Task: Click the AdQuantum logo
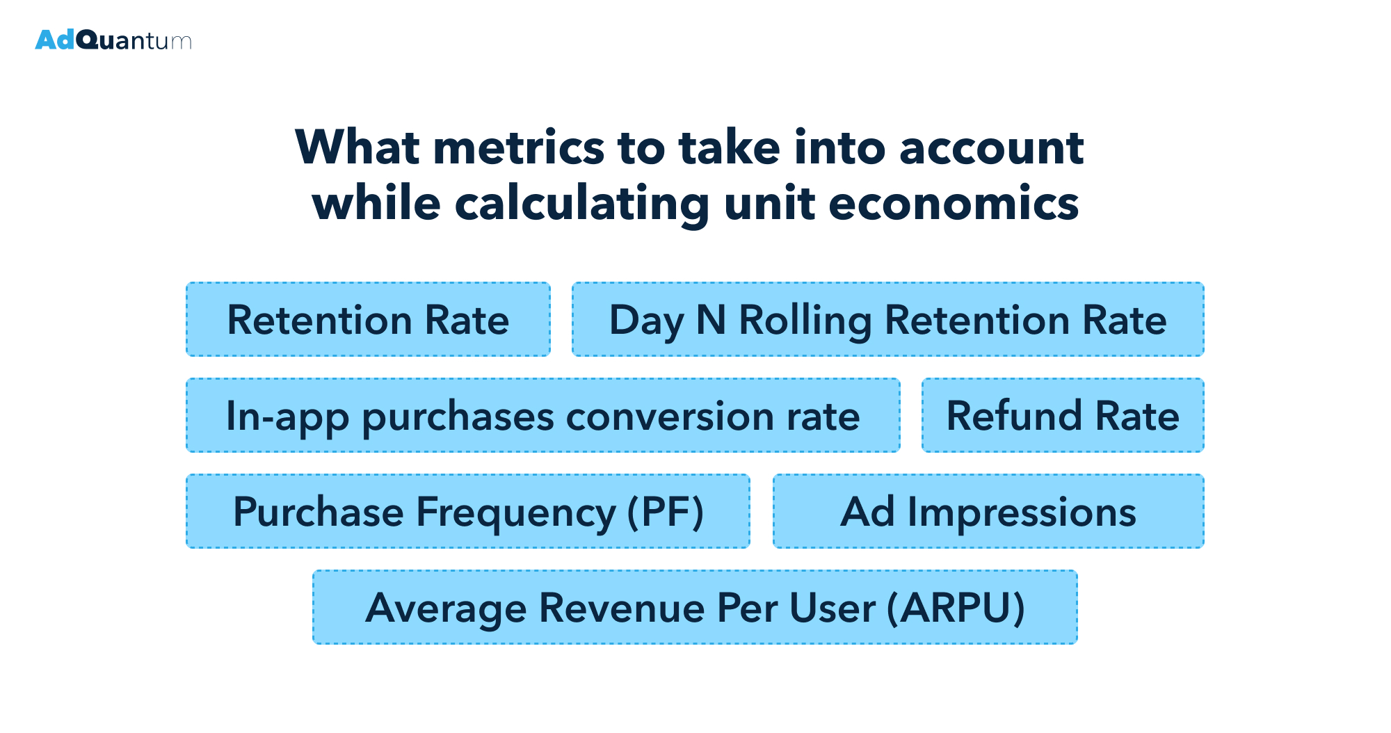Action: tap(113, 40)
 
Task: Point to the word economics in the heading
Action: tap(953, 204)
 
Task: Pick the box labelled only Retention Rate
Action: tap(368, 320)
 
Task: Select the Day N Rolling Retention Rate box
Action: tap(887, 320)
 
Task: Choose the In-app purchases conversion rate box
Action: tap(542, 416)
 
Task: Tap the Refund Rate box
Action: tap(1063, 416)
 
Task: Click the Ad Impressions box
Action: tap(988, 512)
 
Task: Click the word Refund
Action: tap(1014, 416)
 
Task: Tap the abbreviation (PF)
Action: tap(665, 513)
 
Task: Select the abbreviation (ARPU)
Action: tap(956, 608)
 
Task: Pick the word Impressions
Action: tap(1022, 513)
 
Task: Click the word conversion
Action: tap(670, 417)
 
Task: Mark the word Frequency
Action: tap(515, 513)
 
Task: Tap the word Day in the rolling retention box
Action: tap(646, 321)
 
